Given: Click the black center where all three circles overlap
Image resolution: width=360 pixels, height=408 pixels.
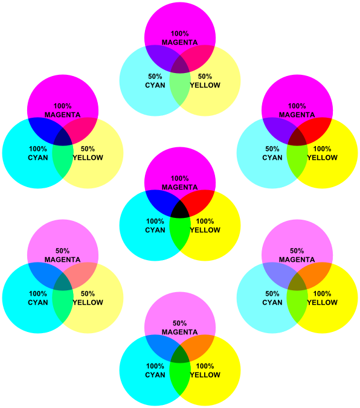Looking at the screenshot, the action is (x=180, y=211).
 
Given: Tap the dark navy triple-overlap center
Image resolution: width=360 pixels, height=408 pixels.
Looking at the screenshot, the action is (x=63, y=139).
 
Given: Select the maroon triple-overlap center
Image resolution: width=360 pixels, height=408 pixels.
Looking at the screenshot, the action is (x=297, y=139).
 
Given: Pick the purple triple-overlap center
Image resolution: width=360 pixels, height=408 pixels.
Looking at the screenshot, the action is (x=180, y=66).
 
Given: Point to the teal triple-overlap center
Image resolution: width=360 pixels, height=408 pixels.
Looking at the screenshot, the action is (x=63, y=284).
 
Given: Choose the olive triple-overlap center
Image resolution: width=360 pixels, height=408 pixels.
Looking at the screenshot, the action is (x=297, y=284).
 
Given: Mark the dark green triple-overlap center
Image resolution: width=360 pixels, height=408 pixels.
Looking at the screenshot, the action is (x=180, y=356).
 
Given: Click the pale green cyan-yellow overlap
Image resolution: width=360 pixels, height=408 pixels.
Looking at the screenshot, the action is (x=180, y=89).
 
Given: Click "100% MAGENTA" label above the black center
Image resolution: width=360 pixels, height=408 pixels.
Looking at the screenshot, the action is (x=180, y=183).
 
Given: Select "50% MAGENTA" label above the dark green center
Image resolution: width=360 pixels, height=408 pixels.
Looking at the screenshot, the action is (x=180, y=328).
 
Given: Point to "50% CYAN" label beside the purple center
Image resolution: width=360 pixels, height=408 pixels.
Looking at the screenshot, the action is (x=155, y=81).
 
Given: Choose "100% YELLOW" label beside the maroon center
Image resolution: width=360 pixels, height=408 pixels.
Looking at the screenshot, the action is (x=322, y=153).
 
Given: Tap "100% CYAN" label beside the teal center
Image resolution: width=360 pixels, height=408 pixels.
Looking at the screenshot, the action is (x=38, y=298).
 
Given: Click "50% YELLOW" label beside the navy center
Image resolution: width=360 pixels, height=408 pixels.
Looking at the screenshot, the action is (x=88, y=153).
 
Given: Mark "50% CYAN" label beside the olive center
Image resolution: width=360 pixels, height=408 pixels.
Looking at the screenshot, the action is (x=272, y=298).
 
